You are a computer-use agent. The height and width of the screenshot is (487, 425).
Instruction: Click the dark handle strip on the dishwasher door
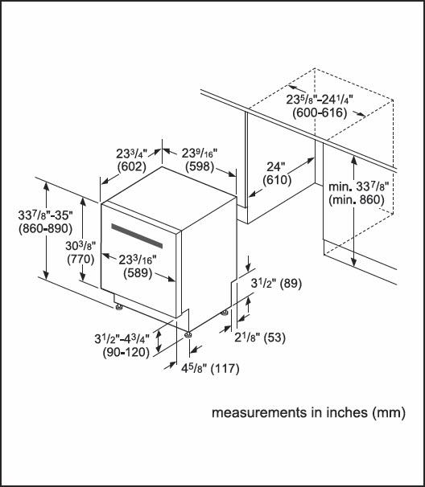click(137, 235)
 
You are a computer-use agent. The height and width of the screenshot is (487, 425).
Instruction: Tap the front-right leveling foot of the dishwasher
click(188, 335)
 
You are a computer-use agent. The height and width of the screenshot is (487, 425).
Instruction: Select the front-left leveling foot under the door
click(118, 307)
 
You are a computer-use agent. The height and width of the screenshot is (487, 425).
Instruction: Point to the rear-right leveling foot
click(225, 313)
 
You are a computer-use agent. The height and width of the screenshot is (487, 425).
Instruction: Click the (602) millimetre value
click(132, 167)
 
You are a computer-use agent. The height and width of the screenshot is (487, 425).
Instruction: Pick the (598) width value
click(200, 166)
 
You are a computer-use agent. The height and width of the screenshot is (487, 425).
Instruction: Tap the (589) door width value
click(138, 273)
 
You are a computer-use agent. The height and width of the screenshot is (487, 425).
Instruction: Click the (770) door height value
click(80, 259)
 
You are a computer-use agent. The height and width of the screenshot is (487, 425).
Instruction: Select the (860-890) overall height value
click(45, 228)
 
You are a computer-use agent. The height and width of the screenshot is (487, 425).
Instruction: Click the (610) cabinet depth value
click(277, 180)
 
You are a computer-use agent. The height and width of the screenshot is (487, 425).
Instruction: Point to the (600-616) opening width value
click(320, 113)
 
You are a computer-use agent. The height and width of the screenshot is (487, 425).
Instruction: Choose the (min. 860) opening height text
click(357, 200)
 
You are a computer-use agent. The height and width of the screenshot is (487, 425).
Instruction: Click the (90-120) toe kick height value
click(126, 352)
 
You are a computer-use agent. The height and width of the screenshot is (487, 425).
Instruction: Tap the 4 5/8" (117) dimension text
click(210, 368)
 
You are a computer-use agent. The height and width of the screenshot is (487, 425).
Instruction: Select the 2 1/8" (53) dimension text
click(260, 338)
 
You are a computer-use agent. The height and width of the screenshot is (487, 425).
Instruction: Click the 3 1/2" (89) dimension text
click(276, 283)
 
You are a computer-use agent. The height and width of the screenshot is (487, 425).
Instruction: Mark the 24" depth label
click(275, 167)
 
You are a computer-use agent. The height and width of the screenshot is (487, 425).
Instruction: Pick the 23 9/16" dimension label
click(200, 153)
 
